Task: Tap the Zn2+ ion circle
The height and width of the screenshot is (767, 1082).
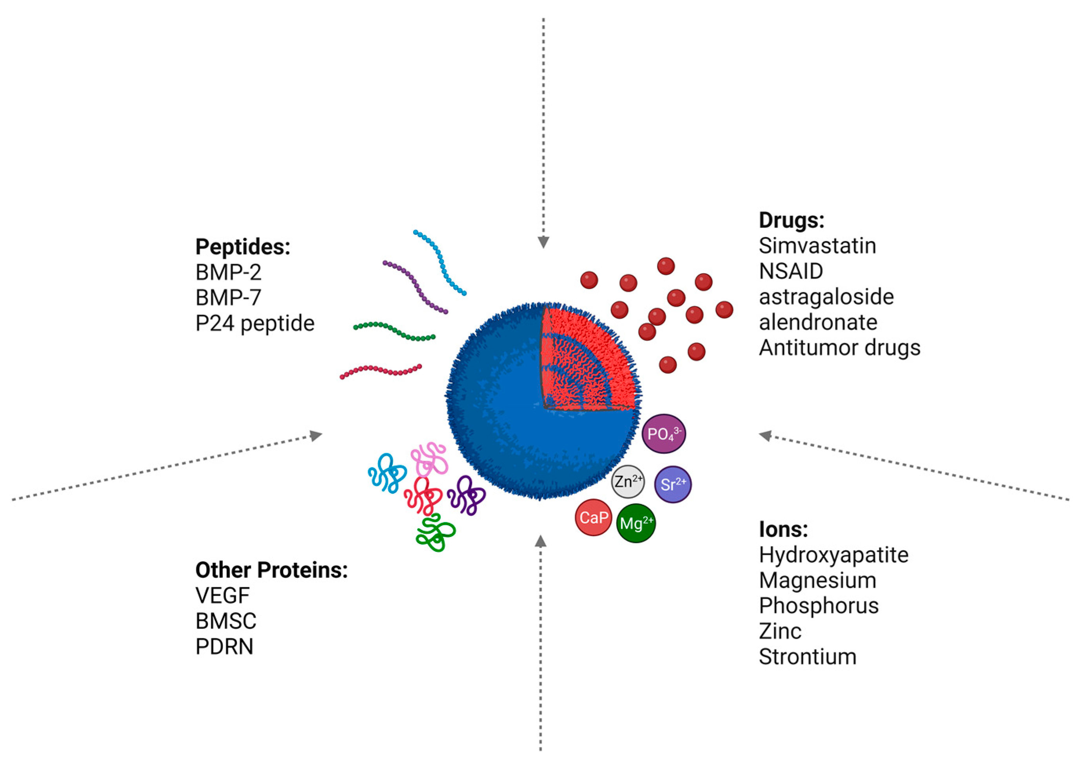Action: (x=628, y=482)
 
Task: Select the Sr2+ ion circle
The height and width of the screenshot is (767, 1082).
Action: (x=673, y=484)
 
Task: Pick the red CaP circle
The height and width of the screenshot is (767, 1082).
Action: (x=593, y=518)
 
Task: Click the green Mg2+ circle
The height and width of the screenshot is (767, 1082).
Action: (x=636, y=523)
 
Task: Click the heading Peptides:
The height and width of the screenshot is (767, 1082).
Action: (x=243, y=247)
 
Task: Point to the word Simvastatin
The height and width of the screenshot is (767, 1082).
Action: (x=817, y=246)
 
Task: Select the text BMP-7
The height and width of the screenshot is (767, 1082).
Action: (x=228, y=297)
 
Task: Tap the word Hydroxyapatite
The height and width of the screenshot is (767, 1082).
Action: (x=833, y=555)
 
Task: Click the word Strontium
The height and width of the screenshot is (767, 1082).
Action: (x=808, y=657)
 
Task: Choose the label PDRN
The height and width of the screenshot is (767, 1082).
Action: (x=224, y=647)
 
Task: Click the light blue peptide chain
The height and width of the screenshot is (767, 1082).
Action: (x=440, y=262)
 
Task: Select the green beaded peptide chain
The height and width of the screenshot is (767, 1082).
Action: (x=394, y=331)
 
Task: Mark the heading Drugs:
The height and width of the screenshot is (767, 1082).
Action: (x=791, y=220)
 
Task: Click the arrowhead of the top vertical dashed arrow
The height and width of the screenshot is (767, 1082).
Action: (x=543, y=242)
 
